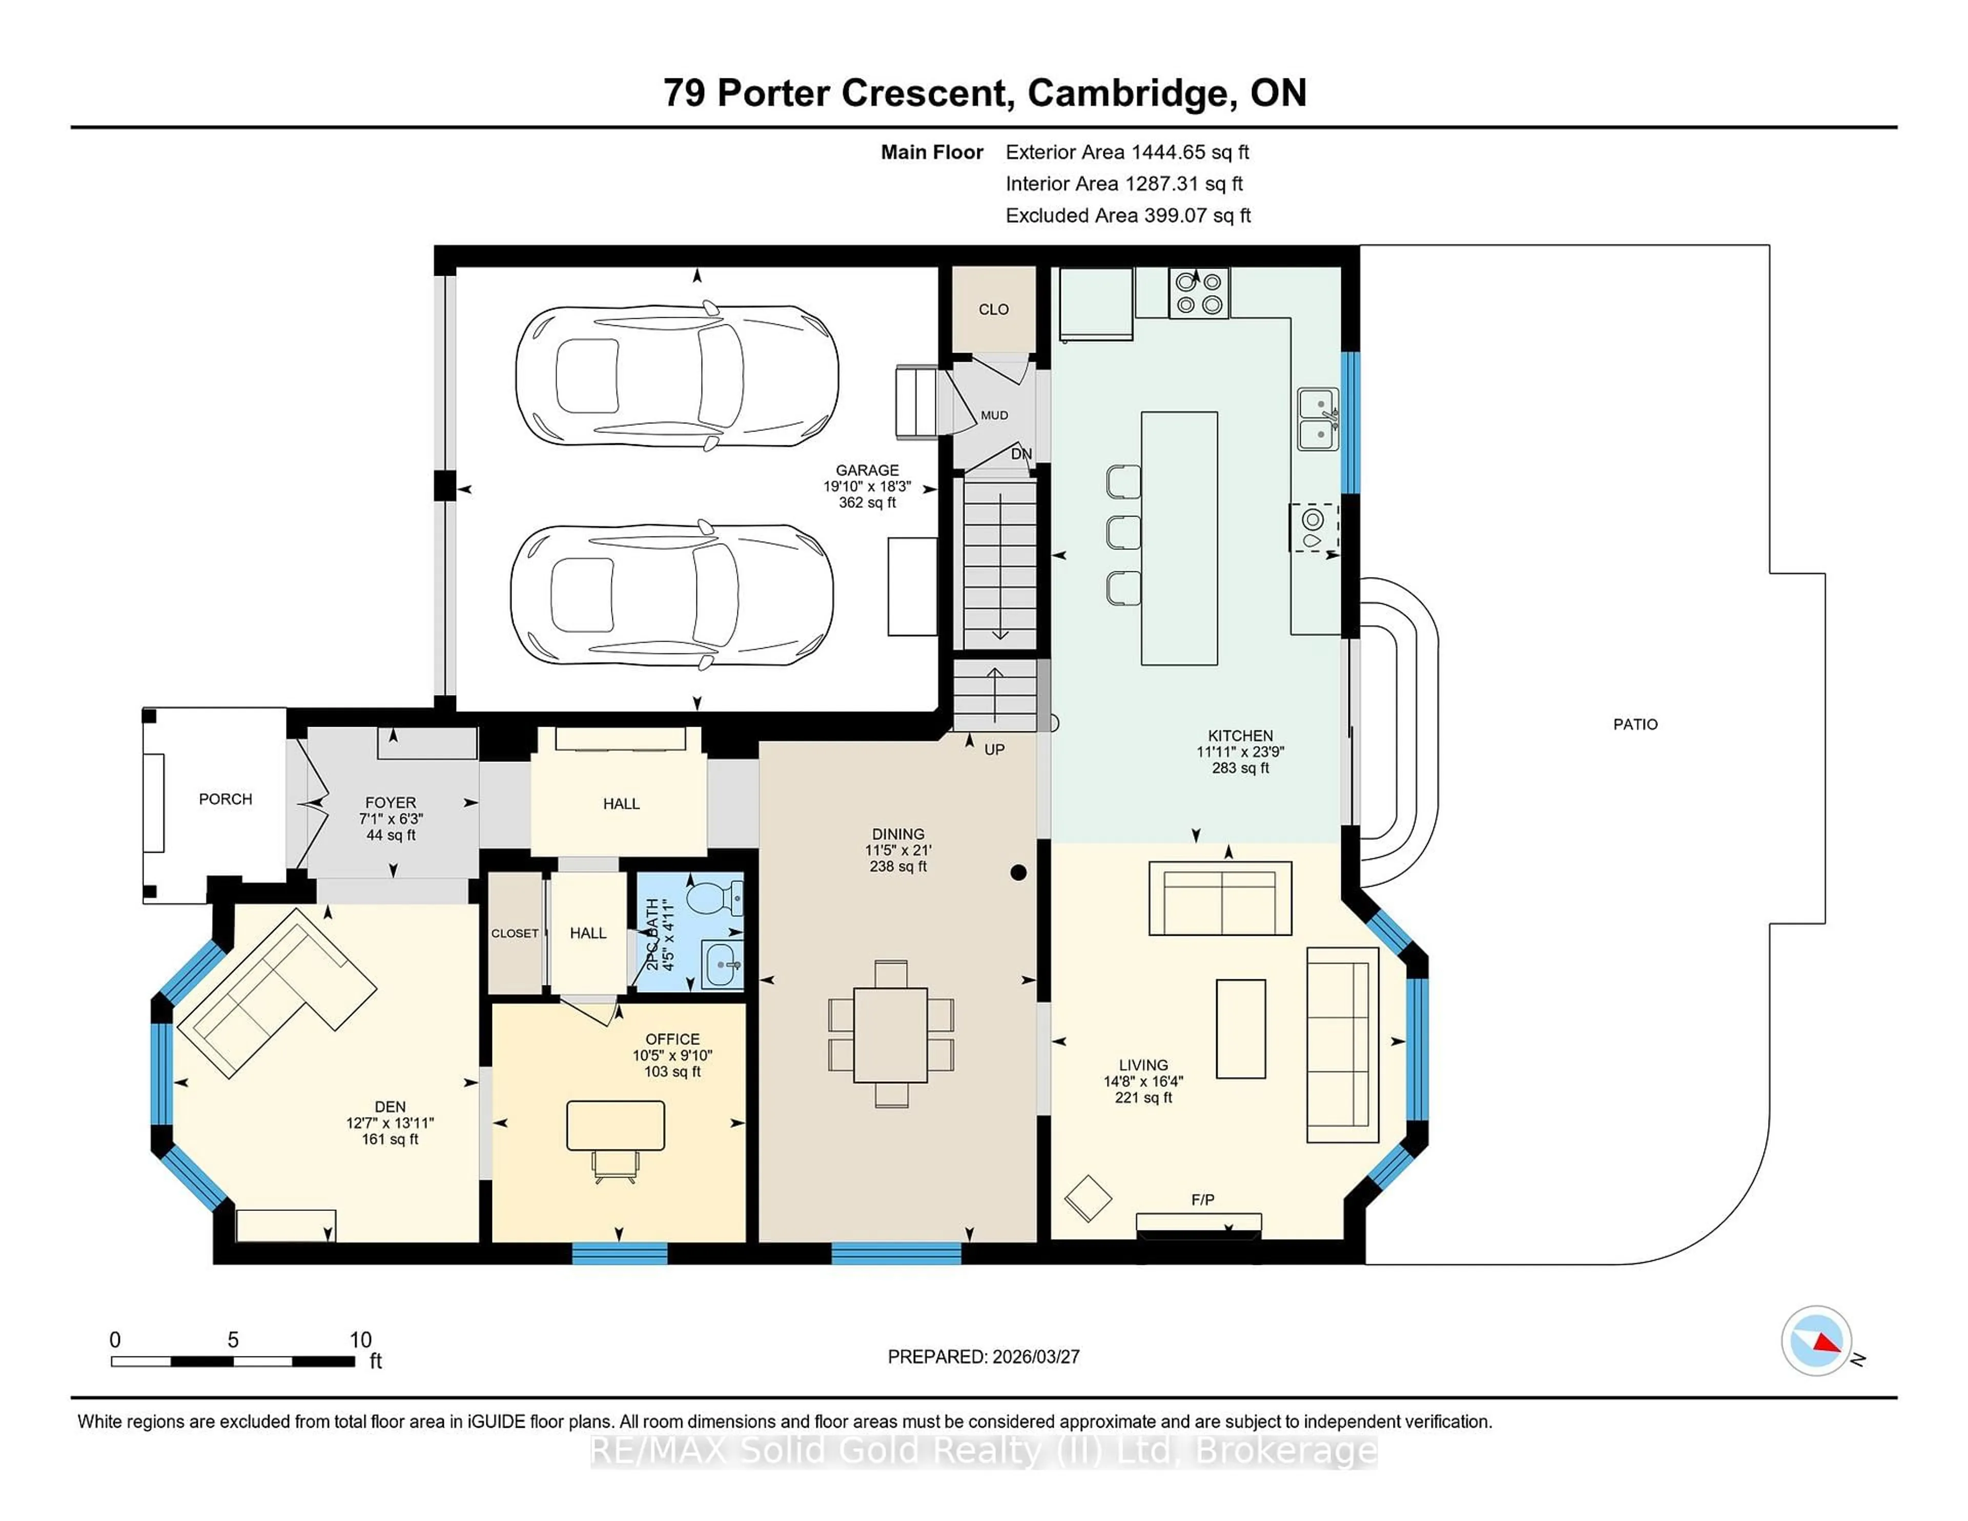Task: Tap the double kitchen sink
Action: pos(1318,419)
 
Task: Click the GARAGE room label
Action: pos(867,470)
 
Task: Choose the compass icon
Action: pos(1816,1341)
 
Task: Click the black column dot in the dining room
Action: pos(1018,872)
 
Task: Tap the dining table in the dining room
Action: pos(890,1035)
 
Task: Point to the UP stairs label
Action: pos(994,750)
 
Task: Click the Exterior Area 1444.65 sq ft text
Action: pos(1126,152)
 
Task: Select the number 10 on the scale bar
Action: pos(360,1340)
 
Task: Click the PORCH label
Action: pos(225,799)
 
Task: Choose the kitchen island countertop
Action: pos(1179,538)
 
